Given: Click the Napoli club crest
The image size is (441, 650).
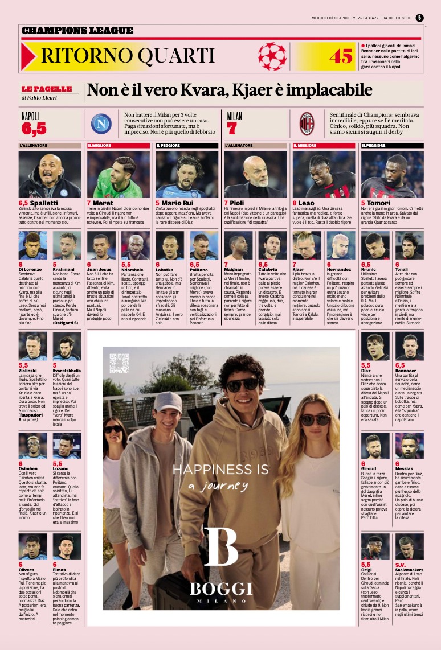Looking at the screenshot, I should click(101, 124).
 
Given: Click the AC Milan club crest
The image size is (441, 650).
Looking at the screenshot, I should click(307, 122).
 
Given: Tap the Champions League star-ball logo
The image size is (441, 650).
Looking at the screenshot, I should click(272, 56).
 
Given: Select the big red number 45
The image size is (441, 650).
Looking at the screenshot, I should click(341, 56).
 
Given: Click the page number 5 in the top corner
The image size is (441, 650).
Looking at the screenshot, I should click(420, 18).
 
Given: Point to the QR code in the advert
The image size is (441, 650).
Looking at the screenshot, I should click(120, 363).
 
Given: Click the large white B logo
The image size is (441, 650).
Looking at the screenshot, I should click(220, 546).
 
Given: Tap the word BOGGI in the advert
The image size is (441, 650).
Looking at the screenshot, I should click(221, 588).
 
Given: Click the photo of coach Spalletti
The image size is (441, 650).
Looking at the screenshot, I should click(50, 174).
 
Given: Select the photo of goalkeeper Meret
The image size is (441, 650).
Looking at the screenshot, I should click(118, 174).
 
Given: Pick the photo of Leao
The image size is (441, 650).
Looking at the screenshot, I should click(324, 174).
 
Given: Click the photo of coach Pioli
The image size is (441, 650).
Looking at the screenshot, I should click(255, 174).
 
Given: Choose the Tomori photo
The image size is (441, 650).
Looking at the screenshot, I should click(392, 174).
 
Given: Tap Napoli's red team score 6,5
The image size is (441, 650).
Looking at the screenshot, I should click(34, 129).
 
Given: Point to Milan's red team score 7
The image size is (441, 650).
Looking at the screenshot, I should click(231, 129).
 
